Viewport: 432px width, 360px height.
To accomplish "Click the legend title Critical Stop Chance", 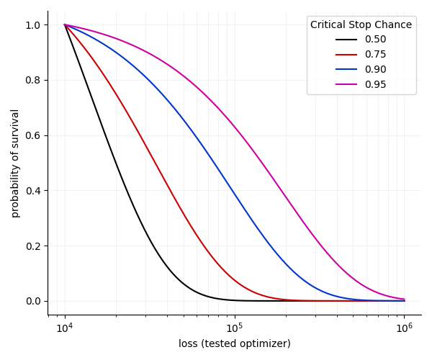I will [x=361, y=24].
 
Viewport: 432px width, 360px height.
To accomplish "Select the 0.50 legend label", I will [x=375, y=40].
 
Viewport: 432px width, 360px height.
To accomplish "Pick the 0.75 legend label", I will [x=375, y=55].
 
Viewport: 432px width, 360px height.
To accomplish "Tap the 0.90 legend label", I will [x=375, y=70].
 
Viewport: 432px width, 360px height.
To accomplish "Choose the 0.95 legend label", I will [x=375, y=85].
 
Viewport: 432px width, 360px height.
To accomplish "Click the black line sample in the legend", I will [x=346, y=40].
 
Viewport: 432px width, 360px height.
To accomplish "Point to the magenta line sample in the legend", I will [x=346, y=85].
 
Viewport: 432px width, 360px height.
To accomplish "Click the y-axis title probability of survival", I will [x=15, y=163].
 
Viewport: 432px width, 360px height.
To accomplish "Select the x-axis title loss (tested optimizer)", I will [x=235, y=343].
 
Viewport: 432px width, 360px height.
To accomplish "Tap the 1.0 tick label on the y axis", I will [x=33, y=24].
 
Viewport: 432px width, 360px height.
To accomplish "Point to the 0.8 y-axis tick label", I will [x=33, y=80].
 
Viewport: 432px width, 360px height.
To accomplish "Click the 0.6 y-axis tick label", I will [x=33, y=135].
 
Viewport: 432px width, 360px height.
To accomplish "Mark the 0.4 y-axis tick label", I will [x=33, y=191].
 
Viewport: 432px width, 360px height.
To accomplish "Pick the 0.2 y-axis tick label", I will [x=33, y=246].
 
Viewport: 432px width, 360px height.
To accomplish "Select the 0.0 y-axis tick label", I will [x=33, y=301].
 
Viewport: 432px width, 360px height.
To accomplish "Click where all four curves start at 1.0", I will [x=65, y=24].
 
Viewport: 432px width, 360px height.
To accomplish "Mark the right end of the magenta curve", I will [x=405, y=300].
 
